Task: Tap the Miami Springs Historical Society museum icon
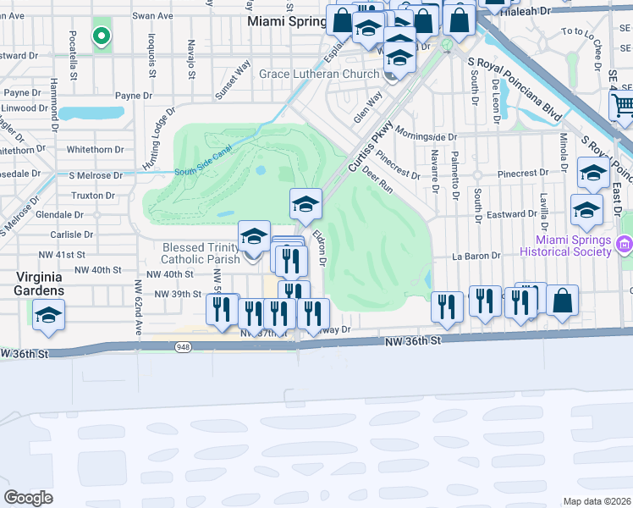click(625, 245)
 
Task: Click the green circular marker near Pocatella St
click(102, 36)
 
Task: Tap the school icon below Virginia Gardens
click(48, 316)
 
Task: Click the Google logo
click(28, 498)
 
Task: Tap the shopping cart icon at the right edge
click(623, 105)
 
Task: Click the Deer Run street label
click(377, 179)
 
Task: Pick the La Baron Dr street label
click(471, 255)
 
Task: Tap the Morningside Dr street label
click(427, 136)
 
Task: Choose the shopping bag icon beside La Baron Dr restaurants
click(563, 300)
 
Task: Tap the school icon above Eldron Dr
click(305, 203)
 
